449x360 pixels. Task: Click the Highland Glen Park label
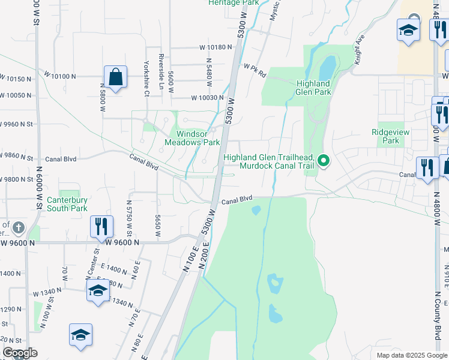(313, 88)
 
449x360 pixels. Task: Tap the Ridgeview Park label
(385, 136)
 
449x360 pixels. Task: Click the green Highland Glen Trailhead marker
(324, 160)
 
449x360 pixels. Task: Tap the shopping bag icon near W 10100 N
(115, 77)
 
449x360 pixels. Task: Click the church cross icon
(19, 227)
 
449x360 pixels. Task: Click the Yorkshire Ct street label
(146, 77)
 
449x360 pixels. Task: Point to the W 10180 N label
(207, 47)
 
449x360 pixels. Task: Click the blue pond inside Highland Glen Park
(327, 65)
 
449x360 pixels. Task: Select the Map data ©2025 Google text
(411, 355)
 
